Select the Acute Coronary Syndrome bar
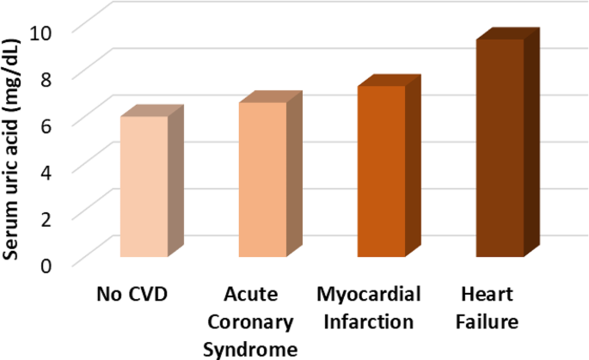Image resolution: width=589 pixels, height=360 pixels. (x=262, y=180)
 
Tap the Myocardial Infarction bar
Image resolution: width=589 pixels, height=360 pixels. (x=381, y=171)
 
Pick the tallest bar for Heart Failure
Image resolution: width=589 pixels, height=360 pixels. (x=500, y=148)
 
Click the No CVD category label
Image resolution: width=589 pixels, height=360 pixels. (x=131, y=296)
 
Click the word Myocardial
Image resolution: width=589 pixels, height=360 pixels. (x=368, y=296)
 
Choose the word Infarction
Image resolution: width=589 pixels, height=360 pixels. (x=368, y=322)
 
